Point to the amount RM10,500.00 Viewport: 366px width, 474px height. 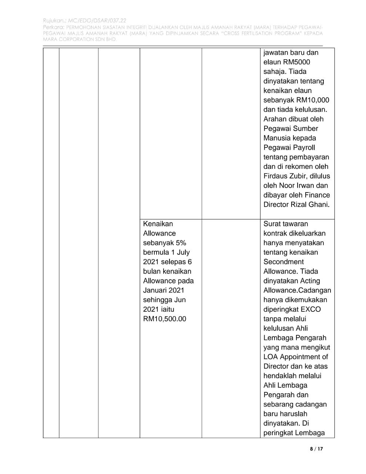pyautogui.click(x=165, y=319)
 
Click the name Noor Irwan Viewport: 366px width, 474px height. pyautogui.click(x=295, y=186)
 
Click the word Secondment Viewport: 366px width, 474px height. pyautogui.click(x=283, y=262)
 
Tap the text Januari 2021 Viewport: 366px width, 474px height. pyautogui.click(x=164, y=290)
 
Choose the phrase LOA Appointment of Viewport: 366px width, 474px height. pyautogui.click(x=296, y=357)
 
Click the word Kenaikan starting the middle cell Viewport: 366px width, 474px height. pyautogui.click(x=158, y=224)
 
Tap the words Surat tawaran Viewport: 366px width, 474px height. pyautogui.click(x=286, y=224)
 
